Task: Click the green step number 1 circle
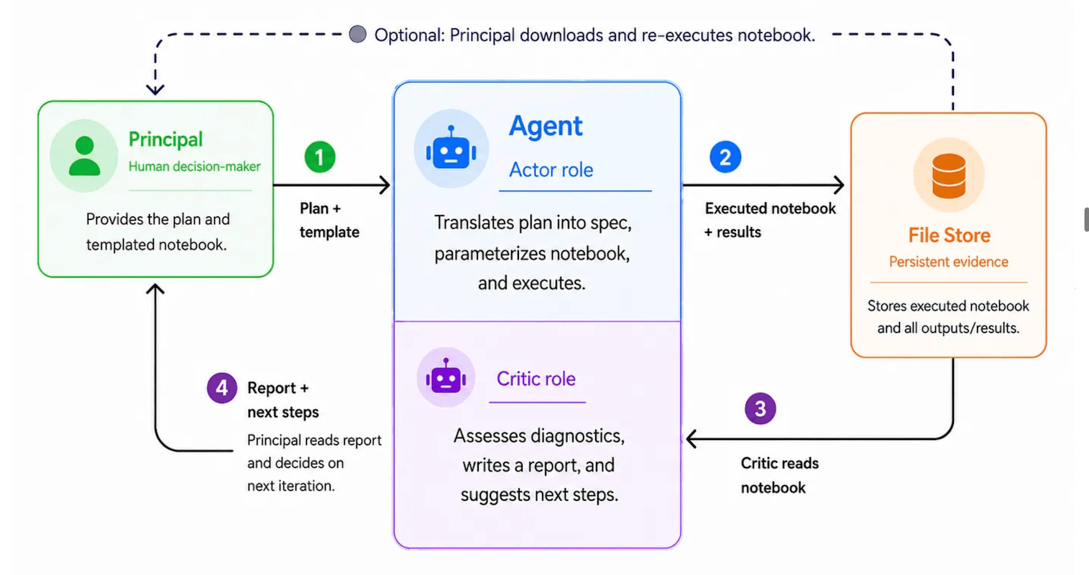click(320, 157)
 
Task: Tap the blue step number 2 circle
click(725, 157)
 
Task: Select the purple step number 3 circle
click(760, 408)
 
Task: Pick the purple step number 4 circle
click(221, 387)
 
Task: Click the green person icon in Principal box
click(85, 155)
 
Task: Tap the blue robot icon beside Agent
click(451, 148)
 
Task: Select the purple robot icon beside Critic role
click(446, 376)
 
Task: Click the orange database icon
click(949, 175)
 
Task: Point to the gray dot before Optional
click(358, 34)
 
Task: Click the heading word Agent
click(546, 126)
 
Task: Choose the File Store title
click(949, 235)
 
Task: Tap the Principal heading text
click(165, 139)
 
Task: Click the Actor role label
click(551, 170)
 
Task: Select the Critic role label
click(536, 379)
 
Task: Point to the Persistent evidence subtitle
click(949, 262)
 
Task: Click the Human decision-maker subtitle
click(195, 166)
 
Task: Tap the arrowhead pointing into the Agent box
click(385, 185)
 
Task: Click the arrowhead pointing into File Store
click(839, 185)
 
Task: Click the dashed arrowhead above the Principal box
click(155, 90)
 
